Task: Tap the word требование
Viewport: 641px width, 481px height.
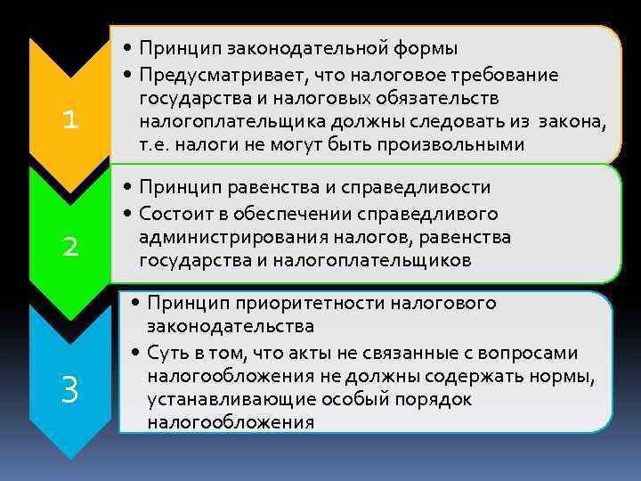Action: click(531, 73)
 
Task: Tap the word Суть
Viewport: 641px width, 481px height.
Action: click(167, 352)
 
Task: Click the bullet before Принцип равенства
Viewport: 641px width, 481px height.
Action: click(130, 189)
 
